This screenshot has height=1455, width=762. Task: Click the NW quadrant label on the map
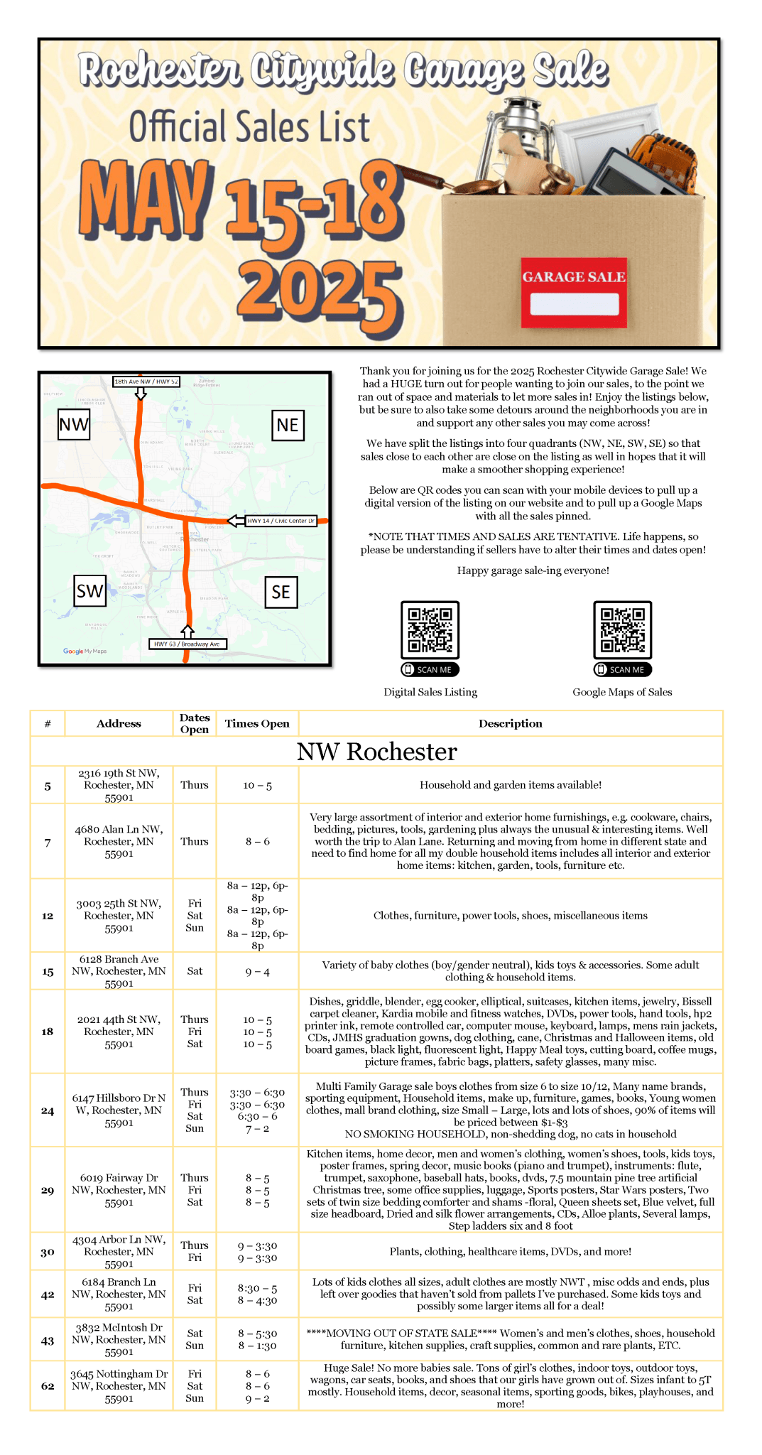74,425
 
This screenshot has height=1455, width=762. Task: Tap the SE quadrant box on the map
281,592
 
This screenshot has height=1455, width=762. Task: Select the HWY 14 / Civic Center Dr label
281,521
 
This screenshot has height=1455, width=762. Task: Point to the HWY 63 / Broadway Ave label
187,644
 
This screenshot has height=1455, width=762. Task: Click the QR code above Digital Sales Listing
430,629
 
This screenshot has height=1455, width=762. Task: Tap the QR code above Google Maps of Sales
623,629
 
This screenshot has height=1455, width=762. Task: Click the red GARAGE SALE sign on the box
574,292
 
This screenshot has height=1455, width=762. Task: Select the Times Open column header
257,723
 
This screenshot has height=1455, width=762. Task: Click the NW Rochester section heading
376,752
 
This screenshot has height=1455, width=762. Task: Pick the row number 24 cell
48,1110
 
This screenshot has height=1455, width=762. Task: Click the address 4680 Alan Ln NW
119,841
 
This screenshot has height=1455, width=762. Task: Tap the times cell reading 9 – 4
257,971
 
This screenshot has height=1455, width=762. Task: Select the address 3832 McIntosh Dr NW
119,1339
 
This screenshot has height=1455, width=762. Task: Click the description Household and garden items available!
510,785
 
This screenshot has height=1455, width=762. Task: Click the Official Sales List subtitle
249,126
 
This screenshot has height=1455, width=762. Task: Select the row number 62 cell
48,1385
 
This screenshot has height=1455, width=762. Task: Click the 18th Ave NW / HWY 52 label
146,382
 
